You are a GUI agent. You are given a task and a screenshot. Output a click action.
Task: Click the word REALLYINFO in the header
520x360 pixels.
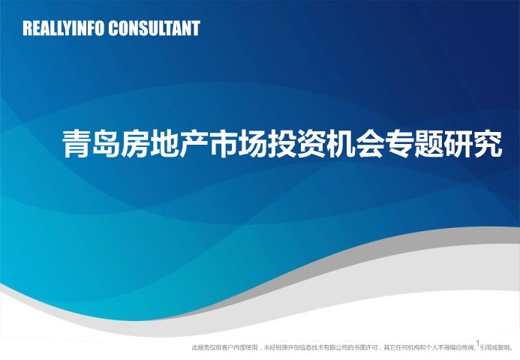[x=63, y=28]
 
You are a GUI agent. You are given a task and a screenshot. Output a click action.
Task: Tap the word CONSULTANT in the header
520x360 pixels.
[x=155, y=28]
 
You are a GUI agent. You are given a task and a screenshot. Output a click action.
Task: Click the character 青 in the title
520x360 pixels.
[x=77, y=144]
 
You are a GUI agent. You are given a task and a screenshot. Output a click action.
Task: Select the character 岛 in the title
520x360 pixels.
[x=106, y=144]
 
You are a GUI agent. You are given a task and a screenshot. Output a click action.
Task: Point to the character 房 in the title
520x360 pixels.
[x=134, y=144]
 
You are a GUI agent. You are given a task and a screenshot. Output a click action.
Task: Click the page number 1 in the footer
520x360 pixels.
[x=478, y=343]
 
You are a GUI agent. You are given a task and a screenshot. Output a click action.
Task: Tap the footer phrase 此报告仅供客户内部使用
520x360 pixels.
[x=224, y=348]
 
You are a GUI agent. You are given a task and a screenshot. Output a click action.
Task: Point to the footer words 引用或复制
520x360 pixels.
[x=495, y=348]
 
